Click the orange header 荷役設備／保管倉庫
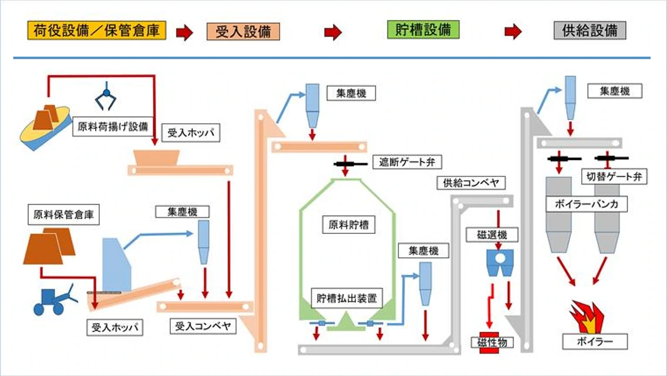[97, 31]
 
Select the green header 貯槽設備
[423, 30]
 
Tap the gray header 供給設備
[589, 31]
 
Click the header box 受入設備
[243, 31]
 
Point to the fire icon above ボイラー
[587, 317]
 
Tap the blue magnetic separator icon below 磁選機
[500, 263]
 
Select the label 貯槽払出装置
[346, 298]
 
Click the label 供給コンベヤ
[470, 183]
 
